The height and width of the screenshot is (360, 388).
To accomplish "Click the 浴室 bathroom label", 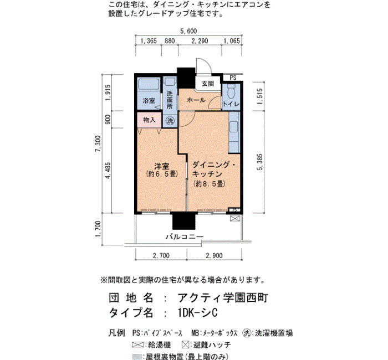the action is point(149,101).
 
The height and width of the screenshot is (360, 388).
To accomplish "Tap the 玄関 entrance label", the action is point(208,84).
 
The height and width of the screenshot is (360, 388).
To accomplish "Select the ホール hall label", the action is point(196,100).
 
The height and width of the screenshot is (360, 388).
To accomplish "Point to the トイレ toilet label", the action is point(231,104).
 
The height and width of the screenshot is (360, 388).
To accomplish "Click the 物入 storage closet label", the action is point(149,120).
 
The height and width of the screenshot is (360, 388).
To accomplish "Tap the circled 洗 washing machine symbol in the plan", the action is point(170,121).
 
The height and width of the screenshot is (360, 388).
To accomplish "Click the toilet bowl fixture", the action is point(231,92).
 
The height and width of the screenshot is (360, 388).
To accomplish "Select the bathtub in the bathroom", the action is point(149,85).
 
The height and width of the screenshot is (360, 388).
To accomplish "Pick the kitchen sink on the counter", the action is point(233,127).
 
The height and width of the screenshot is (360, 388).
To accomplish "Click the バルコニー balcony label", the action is point(185,236).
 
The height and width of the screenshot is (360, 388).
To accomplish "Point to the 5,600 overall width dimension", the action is point(188,31).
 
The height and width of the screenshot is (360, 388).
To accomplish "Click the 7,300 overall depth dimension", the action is point(98,143).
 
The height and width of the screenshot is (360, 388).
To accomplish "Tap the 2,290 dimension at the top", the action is point(200,41).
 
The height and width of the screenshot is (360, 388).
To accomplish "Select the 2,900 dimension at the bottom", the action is point(215,255).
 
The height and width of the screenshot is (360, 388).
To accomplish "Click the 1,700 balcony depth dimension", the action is point(98,229).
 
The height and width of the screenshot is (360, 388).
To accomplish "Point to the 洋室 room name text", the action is point(162,166).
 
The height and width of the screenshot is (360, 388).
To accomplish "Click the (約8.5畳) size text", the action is point(210,184).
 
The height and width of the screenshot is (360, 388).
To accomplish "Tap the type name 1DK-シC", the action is point(198,313).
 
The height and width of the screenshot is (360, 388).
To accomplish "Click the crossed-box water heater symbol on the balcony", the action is point(234,218).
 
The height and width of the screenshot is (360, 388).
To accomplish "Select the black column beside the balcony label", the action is point(184,221).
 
